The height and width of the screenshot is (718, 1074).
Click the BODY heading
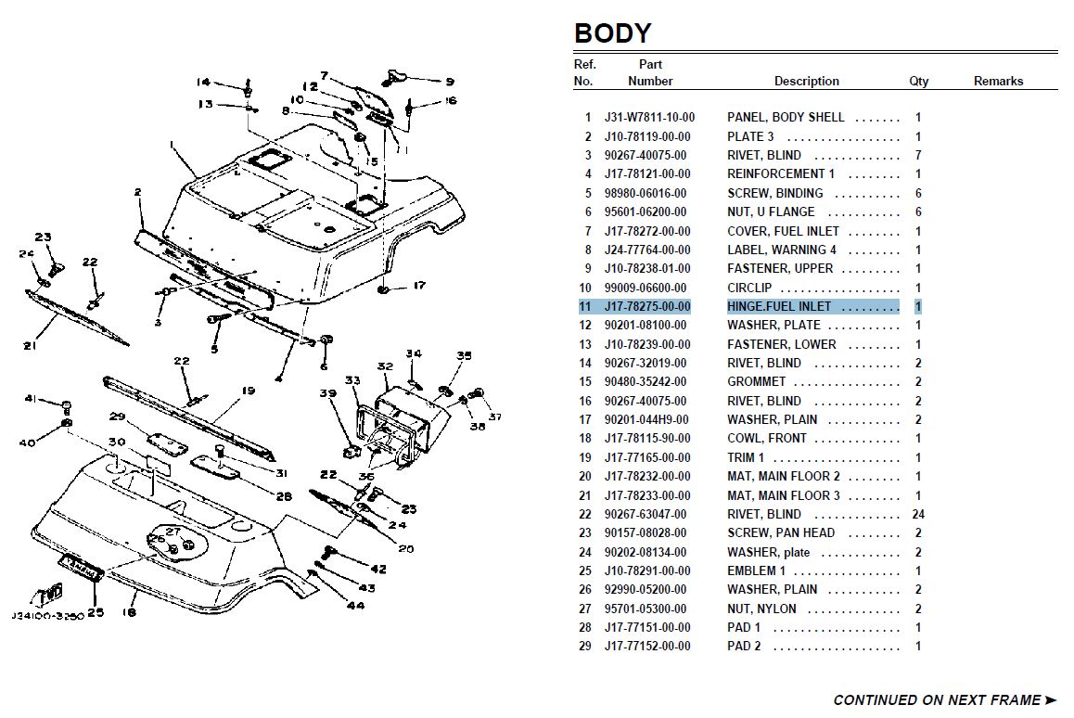612,32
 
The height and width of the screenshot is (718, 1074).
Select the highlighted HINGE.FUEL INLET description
779,306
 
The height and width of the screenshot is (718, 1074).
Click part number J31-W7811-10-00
649,118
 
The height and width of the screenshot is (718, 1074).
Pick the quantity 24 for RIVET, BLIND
918,514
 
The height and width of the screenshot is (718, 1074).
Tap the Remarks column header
998,81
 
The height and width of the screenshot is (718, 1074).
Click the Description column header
806,81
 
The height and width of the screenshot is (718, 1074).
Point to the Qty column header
918,81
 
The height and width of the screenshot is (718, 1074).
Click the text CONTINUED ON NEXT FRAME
937,700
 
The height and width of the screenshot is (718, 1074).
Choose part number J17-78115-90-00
647,439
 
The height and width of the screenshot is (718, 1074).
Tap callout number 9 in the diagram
449,82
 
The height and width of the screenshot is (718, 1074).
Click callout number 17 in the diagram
419,285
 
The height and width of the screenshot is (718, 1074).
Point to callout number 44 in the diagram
355,605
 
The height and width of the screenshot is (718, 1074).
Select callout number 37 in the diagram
494,416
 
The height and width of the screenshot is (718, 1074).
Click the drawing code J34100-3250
47,615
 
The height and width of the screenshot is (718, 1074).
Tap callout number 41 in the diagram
32,398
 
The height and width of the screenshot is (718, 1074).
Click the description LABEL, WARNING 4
782,250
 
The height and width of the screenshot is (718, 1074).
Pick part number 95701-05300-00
646,609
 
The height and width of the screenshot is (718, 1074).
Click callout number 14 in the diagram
203,83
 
